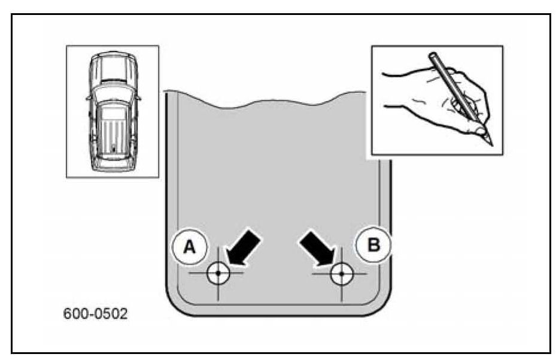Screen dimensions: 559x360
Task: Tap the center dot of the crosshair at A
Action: coord(218,273)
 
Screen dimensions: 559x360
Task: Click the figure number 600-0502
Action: coord(96,314)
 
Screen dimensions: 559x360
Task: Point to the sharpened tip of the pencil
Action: coord(491,144)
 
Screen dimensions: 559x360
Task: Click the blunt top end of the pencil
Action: coord(432,56)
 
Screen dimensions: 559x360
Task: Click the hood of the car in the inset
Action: coord(113,67)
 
